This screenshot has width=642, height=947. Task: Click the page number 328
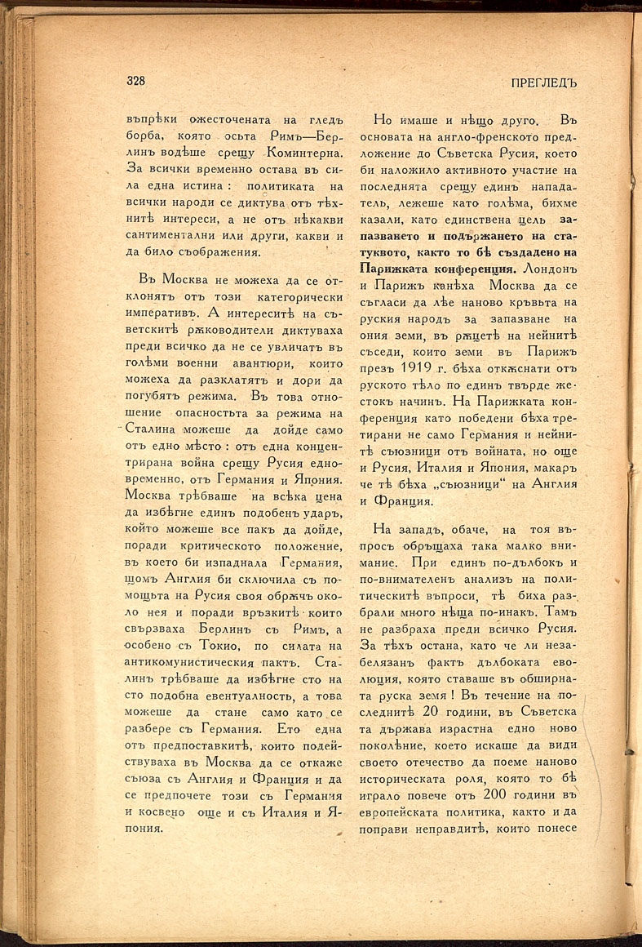point(135,80)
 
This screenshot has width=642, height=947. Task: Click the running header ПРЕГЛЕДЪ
point(543,83)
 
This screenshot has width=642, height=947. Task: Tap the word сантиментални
point(170,225)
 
